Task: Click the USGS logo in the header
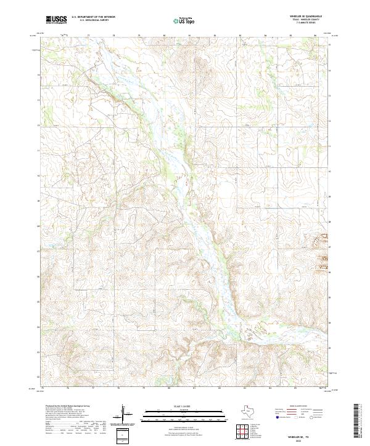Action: point(57,20)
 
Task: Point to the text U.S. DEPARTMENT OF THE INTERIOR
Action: point(93,17)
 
